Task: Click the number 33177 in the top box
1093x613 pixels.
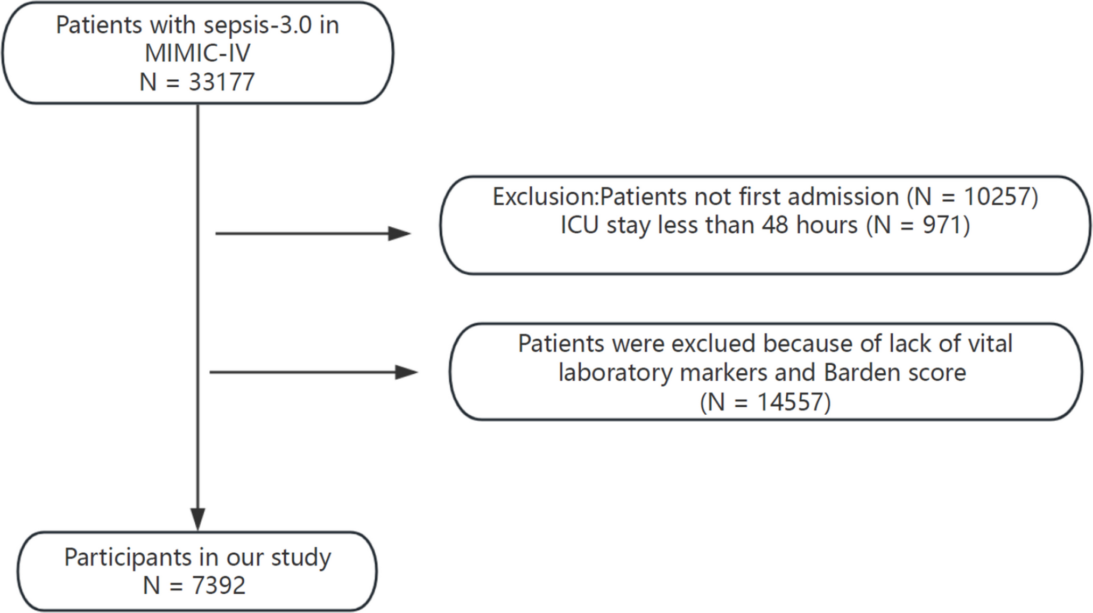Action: [222, 82]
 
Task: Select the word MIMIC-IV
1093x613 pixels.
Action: [198, 53]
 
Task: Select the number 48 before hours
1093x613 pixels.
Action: [775, 225]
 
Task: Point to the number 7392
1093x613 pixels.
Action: [218, 586]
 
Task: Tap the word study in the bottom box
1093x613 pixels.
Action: [301, 557]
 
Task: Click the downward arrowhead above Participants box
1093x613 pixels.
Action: [198, 519]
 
